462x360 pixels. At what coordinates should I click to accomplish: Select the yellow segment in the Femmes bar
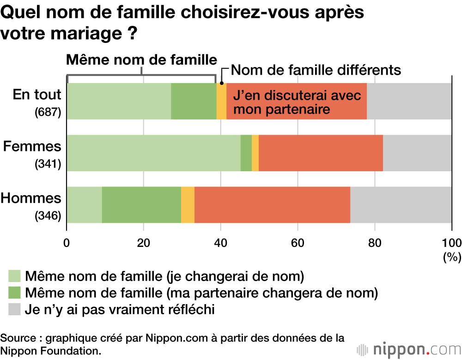(x=255, y=153)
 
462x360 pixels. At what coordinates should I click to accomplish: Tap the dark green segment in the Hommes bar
(x=141, y=205)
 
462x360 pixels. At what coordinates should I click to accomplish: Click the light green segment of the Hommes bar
(x=85, y=205)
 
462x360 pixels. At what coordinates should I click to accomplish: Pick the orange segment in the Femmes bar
(x=321, y=153)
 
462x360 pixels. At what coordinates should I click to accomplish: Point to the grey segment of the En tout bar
(x=409, y=101)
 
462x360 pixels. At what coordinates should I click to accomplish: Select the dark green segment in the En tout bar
(x=194, y=101)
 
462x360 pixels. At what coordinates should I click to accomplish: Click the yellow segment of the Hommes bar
(x=188, y=205)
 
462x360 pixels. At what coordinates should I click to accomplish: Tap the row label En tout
(x=37, y=95)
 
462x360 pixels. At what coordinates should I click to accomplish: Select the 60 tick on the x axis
(x=298, y=243)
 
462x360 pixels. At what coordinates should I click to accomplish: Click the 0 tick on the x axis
(x=67, y=243)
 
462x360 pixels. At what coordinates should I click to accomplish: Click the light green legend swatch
(x=15, y=276)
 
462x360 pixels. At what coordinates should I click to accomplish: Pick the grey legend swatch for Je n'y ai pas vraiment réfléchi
(x=15, y=309)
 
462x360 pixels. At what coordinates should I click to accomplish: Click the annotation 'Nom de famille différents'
(x=316, y=70)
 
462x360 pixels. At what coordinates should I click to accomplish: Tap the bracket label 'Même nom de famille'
(x=141, y=60)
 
